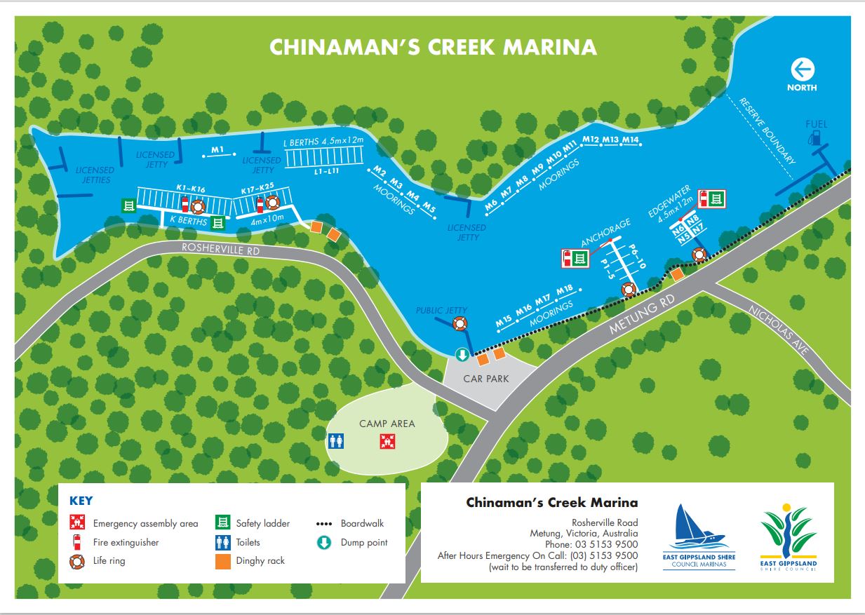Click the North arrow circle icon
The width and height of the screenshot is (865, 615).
coord(802,69)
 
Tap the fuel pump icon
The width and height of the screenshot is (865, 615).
coord(815,137)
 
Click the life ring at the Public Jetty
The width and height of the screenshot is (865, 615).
coord(460,323)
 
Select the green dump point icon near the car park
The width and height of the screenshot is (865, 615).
coord(462,355)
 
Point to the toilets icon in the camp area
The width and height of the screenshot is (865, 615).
coord(337,440)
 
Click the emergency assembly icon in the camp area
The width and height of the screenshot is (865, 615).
coord(384,441)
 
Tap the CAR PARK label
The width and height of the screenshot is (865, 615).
coord(485,379)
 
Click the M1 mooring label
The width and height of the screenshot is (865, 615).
coord(217,149)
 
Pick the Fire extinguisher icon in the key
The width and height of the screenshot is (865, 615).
coord(76,542)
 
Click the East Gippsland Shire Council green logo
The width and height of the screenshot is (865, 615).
coord(789,533)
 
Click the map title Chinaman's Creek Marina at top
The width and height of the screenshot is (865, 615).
coord(433,47)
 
